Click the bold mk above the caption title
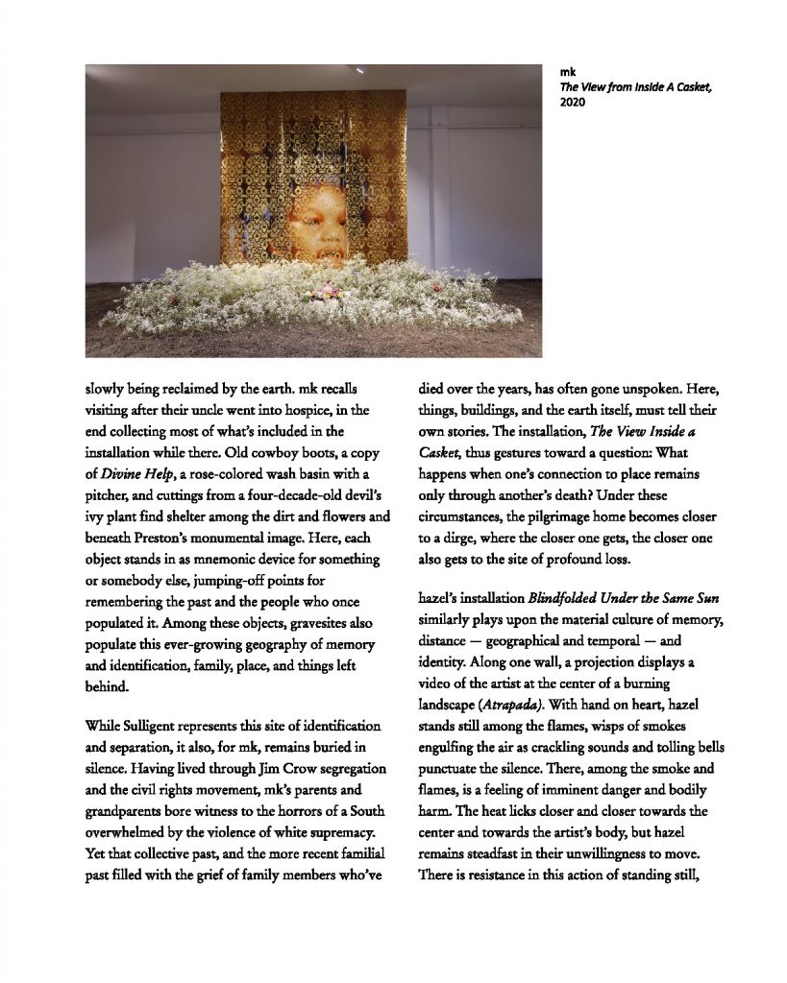tap(567, 71)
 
